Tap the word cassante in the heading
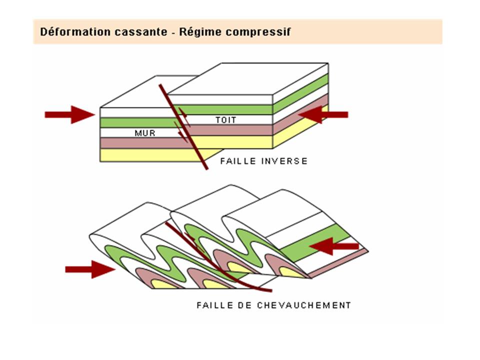click(122, 32)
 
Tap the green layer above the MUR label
click(135, 122)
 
